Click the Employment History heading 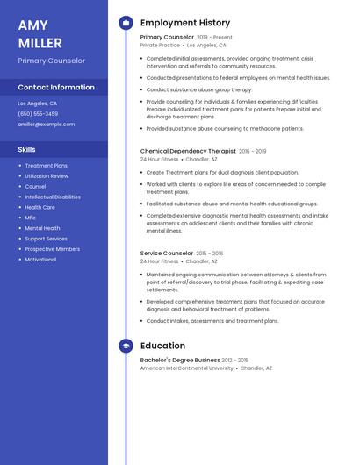[184, 23]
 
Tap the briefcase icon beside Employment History [126, 23]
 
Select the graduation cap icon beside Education [126, 346]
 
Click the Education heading [162, 346]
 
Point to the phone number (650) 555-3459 [38, 114]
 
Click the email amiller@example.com [47, 125]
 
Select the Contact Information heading [56, 88]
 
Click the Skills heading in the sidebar [27, 149]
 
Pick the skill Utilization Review [47, 175]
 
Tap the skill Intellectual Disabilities [53, 197]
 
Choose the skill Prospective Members [52, 249]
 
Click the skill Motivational [40, 260]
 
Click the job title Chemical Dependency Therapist [188, 151]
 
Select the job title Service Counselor [166, 254]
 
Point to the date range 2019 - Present [214, 38]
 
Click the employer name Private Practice [160, 45]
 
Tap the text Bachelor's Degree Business [180, 360]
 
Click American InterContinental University [187, 368]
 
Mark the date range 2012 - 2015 [235, 360]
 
